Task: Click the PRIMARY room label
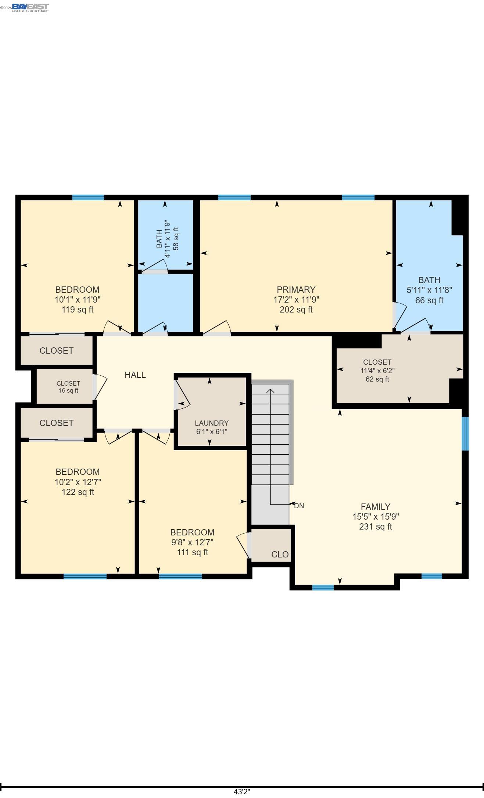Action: coord(296,289)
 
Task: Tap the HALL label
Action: coord(135,375)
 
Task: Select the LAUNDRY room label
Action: coord(212,423)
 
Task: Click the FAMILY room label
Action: coord(375,506)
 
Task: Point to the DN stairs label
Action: coord(299,506)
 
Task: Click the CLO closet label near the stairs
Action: coord(280,555)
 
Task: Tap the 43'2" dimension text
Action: coord(242,792)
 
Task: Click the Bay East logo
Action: coord(30,7)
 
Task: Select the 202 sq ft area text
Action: coord(296,310)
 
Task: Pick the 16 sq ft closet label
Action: coord(68,390)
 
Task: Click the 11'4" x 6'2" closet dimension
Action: coord(377,371)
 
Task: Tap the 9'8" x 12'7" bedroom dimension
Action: coord(192,542)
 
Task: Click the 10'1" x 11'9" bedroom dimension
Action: coord(78,299)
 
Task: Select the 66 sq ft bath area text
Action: coord(429,300)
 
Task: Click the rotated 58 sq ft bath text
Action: coord(176,239)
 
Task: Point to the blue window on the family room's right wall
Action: coord(465,433)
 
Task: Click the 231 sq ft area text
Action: coord(375,527)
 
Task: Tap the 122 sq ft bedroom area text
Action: coord(78,492)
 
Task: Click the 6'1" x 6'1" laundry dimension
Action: coord(212,432)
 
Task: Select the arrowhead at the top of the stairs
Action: coord(270,391)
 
